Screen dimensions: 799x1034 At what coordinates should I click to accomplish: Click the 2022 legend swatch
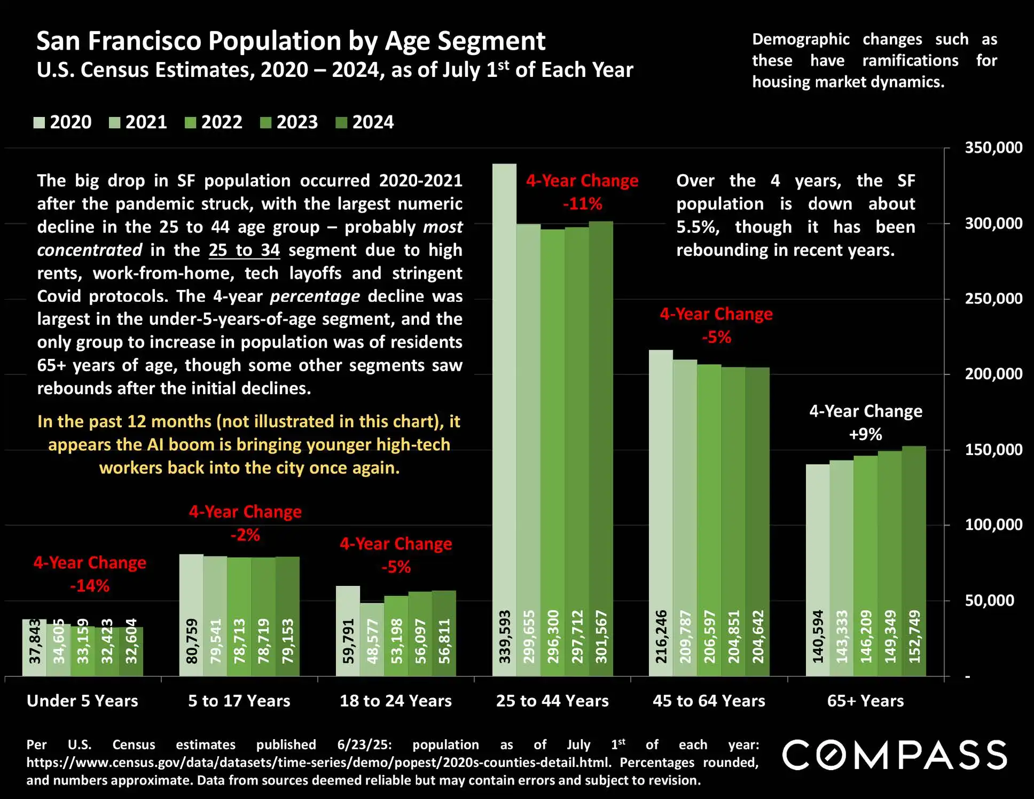pos(190,123)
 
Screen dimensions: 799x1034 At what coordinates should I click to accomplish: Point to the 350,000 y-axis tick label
pos(993,148)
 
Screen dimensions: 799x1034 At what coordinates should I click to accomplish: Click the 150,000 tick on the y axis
pos(993,450)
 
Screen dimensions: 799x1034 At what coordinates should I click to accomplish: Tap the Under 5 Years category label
pos(82,701)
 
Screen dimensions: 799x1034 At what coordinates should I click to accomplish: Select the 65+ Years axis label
pos(865,701)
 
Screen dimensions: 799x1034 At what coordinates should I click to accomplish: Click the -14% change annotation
pos(90,586)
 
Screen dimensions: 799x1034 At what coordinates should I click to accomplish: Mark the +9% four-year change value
pos(865,434)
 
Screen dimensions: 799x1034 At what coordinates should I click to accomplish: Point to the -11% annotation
pos(582,204)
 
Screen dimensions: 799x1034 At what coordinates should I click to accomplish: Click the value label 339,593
pos(505,637)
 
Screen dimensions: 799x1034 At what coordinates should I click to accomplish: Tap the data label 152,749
pos(914,637)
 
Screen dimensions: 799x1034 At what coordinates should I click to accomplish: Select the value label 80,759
pos(192,641)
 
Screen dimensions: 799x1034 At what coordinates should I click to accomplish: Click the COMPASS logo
pos(895,755)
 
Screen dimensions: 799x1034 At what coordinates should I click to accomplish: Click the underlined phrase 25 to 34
pos(244,250)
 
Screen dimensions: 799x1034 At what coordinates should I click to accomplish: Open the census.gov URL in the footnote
pos(318,763)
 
